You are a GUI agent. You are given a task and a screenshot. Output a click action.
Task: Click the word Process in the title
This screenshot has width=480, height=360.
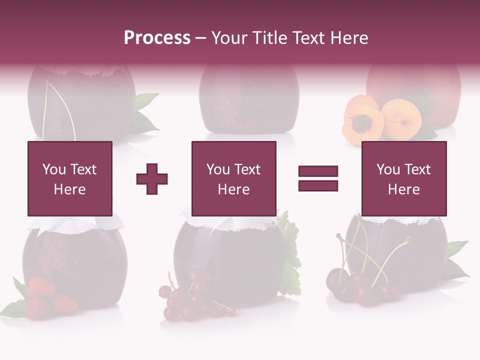click(x=157, y=38)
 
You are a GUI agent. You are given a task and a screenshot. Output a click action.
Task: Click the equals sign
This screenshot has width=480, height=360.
click(x=318, y=178)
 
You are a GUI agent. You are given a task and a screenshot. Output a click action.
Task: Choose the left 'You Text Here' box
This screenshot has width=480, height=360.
click(x=70, y=178)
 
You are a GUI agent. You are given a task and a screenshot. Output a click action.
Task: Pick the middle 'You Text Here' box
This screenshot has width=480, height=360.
click(x=234, y=178)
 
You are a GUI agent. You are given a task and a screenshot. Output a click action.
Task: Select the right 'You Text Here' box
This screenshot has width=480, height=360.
click(x=404, y=178)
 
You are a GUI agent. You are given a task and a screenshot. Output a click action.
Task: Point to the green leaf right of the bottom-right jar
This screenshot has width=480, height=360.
click(x=455, y=260)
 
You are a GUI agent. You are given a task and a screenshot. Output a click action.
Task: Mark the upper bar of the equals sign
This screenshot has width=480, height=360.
click(x=318, y=171)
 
